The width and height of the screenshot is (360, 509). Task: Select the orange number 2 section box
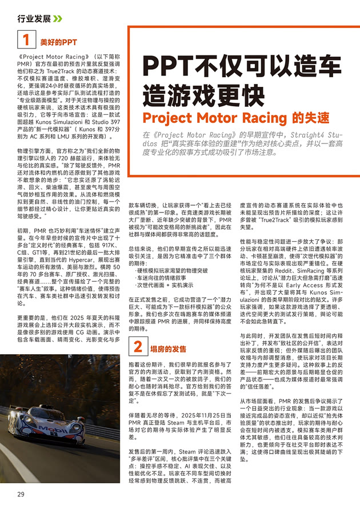point(138,347)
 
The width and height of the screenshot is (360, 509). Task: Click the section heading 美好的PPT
point(58,42)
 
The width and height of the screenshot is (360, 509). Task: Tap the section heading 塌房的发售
point(168,348)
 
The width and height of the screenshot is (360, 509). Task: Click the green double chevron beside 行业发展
point(57,18)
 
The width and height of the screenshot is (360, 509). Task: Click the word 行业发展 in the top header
point(34,18)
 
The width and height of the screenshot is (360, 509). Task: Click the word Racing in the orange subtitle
point(259,118)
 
